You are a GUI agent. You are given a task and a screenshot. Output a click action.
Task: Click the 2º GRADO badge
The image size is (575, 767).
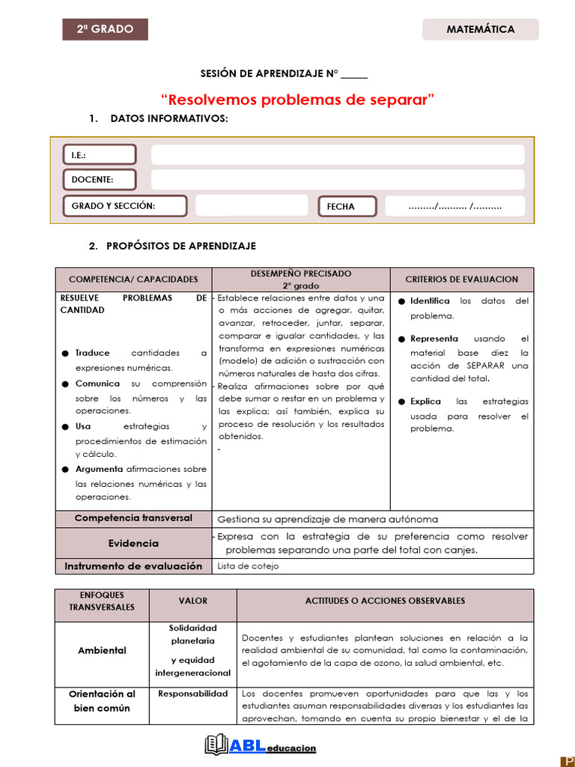point(105,29)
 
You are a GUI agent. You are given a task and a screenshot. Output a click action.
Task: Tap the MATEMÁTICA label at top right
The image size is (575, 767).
point(480,29)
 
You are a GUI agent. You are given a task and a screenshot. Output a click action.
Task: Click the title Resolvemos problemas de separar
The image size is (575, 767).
point(297,100)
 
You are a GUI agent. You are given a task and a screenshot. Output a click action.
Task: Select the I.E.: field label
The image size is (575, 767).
point(99,155)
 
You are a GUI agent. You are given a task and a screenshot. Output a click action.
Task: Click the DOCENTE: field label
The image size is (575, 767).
point(99,180)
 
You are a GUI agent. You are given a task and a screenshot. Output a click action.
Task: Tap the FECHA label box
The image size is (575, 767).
point(347,207)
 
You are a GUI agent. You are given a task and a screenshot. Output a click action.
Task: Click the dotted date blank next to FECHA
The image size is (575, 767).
point(454,206)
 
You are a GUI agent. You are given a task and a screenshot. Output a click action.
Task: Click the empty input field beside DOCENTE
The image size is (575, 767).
point(338,180)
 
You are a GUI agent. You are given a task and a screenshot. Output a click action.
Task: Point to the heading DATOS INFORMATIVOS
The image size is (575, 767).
point(169,119)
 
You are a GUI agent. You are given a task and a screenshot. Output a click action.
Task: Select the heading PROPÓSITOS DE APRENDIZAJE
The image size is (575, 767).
point(180,246)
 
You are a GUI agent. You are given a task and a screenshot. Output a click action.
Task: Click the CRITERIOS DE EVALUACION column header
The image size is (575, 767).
point(461,279)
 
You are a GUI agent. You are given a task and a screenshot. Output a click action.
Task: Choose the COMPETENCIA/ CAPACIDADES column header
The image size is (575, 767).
point(133,279)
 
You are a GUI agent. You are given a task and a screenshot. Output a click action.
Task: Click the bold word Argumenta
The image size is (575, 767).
point(100,469)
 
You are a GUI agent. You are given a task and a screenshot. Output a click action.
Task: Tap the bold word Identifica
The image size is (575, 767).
point(430,300)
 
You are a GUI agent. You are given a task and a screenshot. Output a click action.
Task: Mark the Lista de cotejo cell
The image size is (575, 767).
point(248,566)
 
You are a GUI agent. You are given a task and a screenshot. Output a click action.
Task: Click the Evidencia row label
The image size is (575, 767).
point(133,543)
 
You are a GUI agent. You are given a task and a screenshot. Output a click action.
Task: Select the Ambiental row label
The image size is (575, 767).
point(102,650)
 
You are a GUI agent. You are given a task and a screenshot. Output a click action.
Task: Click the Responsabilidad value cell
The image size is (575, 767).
point(192,694)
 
